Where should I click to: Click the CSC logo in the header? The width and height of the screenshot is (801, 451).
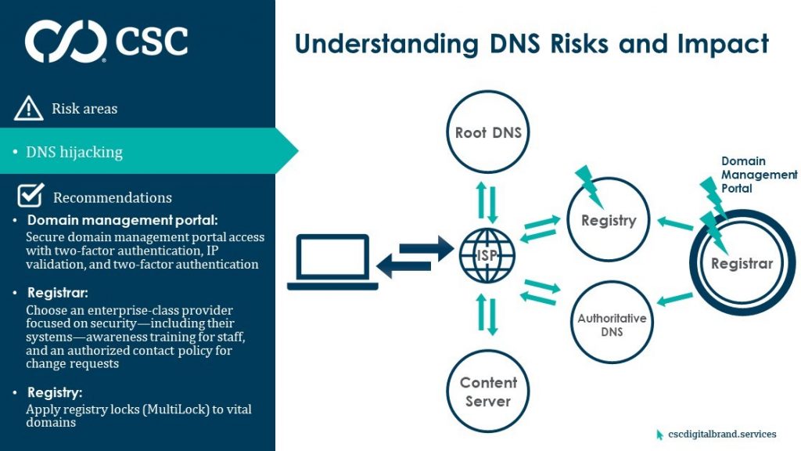(x=106, y=41)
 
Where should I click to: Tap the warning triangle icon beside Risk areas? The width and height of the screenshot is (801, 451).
(x=28, y=108)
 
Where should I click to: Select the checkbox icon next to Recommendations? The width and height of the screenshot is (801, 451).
(x=30, y=196)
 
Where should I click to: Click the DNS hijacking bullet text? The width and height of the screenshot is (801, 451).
(x=74, y=152)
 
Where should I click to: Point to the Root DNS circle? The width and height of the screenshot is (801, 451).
(x=488, y=132)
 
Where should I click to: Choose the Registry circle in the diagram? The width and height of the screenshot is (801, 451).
(x=609, y=221)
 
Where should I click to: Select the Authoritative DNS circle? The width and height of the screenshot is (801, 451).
(x=612, y=324)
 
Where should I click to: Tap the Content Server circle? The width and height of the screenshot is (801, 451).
(x=488, y=391)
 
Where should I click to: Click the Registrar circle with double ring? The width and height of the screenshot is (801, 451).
(x=742, y=264)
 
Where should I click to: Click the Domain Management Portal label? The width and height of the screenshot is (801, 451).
(x=758, y=175)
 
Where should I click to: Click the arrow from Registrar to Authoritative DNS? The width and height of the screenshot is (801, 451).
(x=677, y=298)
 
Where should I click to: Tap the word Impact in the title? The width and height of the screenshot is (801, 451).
(x=724, y=44)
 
